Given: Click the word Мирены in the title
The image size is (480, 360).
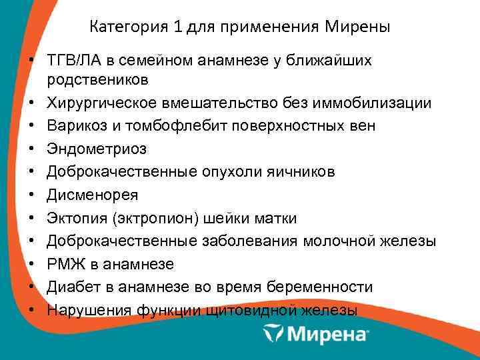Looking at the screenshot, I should point(359,27).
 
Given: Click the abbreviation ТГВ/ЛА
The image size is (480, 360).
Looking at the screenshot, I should point(73,61).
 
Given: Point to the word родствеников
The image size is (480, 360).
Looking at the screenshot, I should point(97,79).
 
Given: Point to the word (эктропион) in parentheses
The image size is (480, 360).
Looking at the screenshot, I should point(151,219).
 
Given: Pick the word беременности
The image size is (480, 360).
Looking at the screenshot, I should point(321,287).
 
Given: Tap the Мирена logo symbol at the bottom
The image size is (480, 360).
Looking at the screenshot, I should point(273,333).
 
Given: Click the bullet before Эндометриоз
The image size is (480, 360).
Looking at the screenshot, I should point(31,149).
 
